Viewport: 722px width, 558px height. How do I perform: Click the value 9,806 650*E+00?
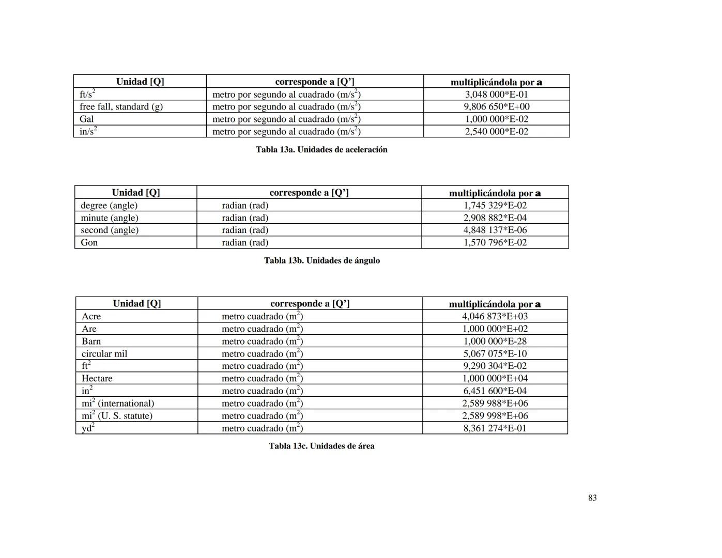click(496, 106)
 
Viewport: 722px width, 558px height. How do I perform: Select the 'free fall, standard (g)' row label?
click(121, 106)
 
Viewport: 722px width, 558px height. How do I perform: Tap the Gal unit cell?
click(87, 119)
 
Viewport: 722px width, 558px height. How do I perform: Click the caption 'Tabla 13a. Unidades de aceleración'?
click(321, 149)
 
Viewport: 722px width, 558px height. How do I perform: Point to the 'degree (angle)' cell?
click(109, 205)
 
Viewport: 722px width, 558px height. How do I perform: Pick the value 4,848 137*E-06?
click(495, 230)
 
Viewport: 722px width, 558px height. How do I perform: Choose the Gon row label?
click(89, 242)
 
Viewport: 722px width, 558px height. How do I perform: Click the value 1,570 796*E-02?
click(495, 242)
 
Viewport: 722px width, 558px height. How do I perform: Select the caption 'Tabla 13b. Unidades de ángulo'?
click(321, 260)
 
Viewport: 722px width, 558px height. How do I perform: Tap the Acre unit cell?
click(91, 316)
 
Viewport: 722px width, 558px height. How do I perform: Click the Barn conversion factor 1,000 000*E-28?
click(495, 341)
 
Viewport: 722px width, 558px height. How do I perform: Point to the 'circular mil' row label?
click(104, 353)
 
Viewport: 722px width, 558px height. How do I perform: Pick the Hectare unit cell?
click(97, 378)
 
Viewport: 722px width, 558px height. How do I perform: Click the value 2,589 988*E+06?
click(495, 403)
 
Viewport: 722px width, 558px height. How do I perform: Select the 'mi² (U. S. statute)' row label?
click(117, 415)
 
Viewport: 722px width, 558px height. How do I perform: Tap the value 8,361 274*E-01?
click(495, 428)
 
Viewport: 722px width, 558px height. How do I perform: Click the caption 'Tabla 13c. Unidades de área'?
click(321, 446)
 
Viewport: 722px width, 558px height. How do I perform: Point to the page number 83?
click(592, 498)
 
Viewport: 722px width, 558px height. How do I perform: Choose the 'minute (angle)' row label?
click(109, 218)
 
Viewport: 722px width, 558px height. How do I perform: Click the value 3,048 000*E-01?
click(496, 94)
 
